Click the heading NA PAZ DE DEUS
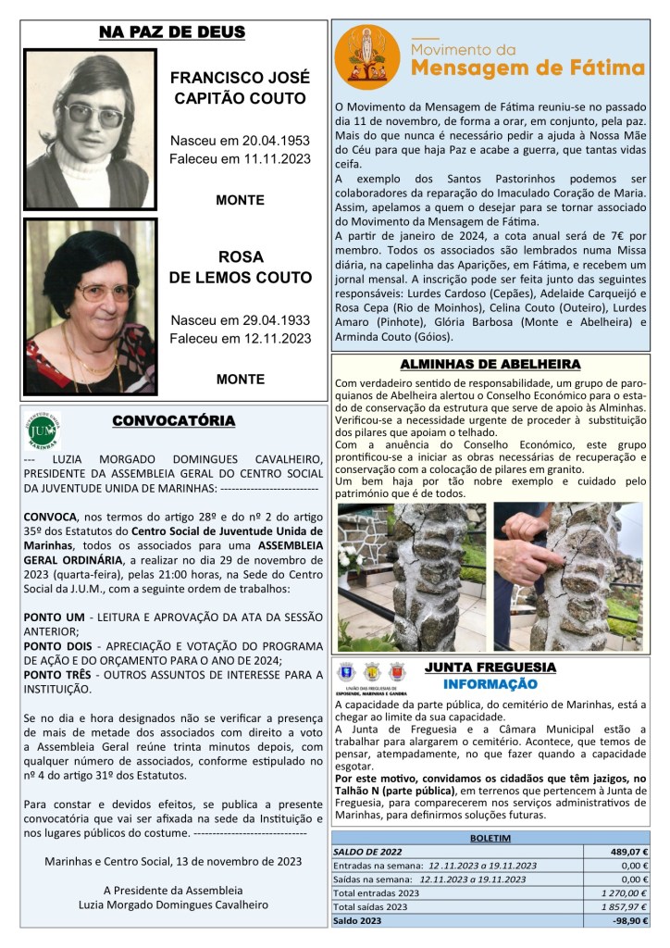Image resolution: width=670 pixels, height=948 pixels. (x=172, y=33)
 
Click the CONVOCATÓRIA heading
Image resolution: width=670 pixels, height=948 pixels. (x=173, y=421)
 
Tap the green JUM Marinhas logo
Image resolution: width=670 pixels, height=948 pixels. (x=43, y=430)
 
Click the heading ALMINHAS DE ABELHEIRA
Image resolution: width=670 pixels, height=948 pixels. (x=489, y=365)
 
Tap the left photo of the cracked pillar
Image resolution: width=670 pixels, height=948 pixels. (x=409, y=576)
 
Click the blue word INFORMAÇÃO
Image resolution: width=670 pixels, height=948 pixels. (x=490, y=684)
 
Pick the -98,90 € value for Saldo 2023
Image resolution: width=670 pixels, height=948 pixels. (x=629, y=922)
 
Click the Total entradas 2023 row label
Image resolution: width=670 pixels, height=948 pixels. (x=377, y=893)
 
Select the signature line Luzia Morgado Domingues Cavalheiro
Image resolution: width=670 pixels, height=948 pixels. (x=173, y=904)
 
